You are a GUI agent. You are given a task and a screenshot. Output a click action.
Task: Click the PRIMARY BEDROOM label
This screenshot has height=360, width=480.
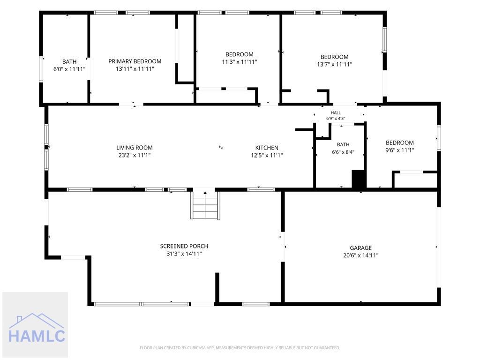tap(135, 61)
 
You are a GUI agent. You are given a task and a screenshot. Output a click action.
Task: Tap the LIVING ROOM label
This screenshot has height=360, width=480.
tap(135, 148)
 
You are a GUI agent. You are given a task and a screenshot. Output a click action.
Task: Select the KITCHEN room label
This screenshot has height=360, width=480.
tap(267, 148)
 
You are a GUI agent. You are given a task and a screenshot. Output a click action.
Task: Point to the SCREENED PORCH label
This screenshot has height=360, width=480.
tap(184, 246)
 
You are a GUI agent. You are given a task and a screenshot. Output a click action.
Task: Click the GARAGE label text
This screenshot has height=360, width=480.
tap(360, 248)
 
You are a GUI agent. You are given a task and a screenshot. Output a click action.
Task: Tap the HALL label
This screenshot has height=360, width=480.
tap(336, 112)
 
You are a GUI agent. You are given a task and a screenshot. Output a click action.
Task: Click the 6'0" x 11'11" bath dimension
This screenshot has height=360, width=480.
tap(69, 69)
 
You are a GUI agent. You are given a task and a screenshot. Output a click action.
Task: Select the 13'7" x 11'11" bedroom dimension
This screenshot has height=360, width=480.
tap(335, 64)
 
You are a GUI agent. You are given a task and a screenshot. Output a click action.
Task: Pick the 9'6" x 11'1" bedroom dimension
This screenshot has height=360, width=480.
tap(399, 150)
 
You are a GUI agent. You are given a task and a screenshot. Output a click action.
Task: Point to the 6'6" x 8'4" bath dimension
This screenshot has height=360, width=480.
tap(343, 152)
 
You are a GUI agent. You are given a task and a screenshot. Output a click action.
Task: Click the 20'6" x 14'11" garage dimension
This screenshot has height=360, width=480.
tap(360, 255)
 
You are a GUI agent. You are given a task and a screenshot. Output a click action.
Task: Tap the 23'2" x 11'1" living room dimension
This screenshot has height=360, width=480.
tap(135, 155)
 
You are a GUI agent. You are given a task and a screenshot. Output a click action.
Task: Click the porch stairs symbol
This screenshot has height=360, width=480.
tap(205, 205)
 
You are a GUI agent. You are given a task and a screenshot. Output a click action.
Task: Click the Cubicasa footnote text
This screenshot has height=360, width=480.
tap(240, 348)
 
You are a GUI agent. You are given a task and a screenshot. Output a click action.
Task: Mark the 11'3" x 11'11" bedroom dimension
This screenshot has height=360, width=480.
tap(240, 62)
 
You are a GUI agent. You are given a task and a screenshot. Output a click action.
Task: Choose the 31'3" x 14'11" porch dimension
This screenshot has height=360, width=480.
tap(184, 254)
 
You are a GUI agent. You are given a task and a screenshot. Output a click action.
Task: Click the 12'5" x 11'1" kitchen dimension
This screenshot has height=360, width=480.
tap(267, 155)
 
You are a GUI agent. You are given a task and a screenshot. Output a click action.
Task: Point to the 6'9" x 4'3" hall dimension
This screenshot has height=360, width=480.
tap(336, 119)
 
